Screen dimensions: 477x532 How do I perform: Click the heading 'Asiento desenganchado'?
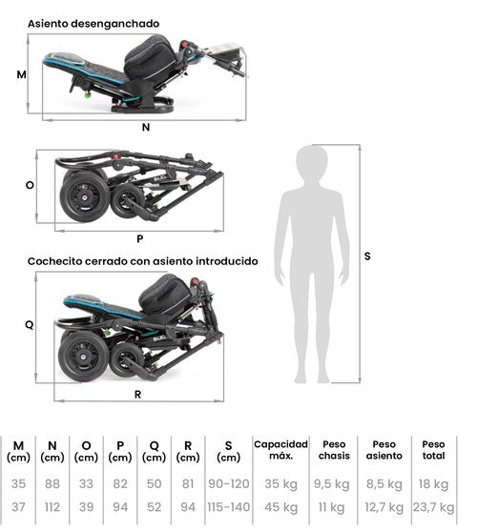pyautogui.click(x=93, y=24)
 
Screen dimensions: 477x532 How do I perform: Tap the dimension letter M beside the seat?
pyautogui.click(x=21, y=74)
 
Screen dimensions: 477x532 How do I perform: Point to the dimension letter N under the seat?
pyautogui.click(x=146, y=127)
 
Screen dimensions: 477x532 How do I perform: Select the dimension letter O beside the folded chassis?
pyautogui.click(x=30, y=185)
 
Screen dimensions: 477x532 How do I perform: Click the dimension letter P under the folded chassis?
pyautogui.click(x=139, y=239)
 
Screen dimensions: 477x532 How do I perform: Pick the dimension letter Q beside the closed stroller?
pyautogui.click(x=30, y=325)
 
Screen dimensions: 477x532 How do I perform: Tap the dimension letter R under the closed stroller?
pyautogui.click(x=137, y=395)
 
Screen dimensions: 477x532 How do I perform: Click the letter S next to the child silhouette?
pyautogui.click(x=367, y=256)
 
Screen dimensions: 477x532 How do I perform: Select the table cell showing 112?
pyautogui.click(x=52, y=507)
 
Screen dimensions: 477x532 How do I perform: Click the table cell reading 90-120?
pyautogui.click(x=229, y=483)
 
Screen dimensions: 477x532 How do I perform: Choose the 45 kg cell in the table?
pyautogui.click(x=280, y=507)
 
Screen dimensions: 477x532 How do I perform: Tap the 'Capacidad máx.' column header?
pyautogui.click(x=280, y=450)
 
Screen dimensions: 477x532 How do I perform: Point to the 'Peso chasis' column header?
pyautogui.click(x=334, y=450)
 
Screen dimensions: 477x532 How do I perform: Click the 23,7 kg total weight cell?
pyautogui.click(x=433, y=507)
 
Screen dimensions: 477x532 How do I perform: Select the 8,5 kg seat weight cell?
pyautogui.click(x=384, y=484)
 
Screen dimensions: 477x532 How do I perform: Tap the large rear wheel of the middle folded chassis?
pyautogui.click(x=84, y=196)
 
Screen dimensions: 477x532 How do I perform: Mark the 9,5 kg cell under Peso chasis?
pyautogui.click(x=332, y=484)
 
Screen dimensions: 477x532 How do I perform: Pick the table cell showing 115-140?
pyautogui.click(x=229, y=507)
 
